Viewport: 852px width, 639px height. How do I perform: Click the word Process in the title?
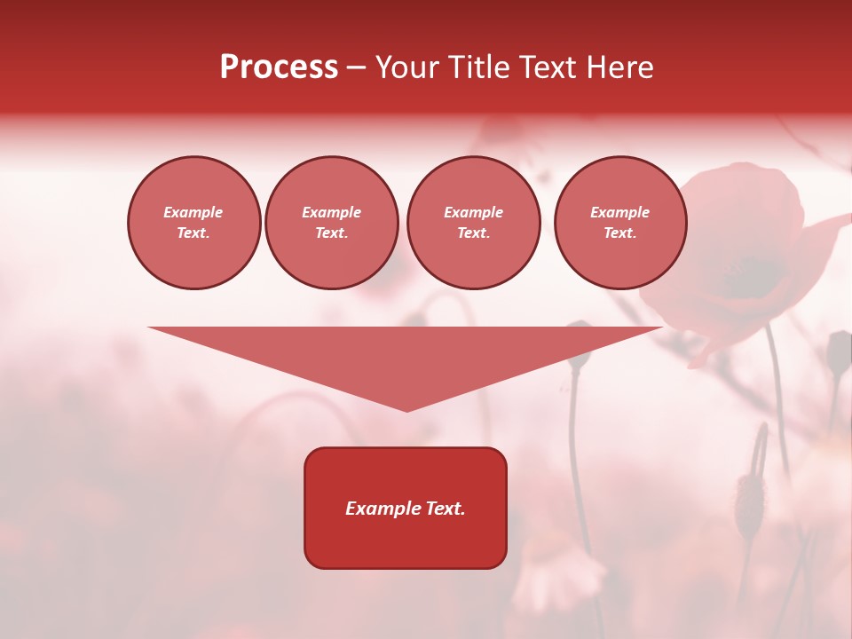[279, 67]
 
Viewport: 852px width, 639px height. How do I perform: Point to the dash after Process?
[356, 68]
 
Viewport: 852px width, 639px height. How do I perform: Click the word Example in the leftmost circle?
[193, 212]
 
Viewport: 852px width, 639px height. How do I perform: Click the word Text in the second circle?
[330, 233]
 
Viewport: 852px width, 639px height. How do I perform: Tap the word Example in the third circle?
[474, 212]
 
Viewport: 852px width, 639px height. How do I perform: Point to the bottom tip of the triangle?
[406, 409]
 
